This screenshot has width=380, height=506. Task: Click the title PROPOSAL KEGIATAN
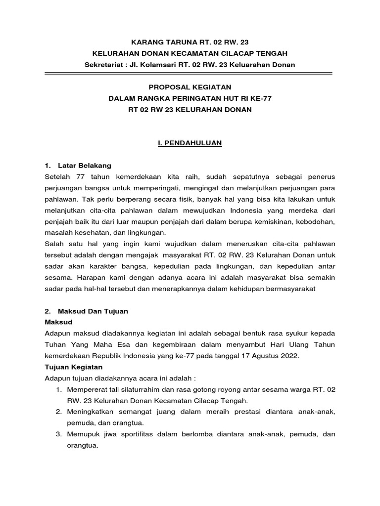pyautogui.click(x=190, y=87)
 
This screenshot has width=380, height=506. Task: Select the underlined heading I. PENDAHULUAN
pyautogui.click(x=190, y=143)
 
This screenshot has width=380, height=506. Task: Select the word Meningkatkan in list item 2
pyautogui.click(x=90, y=412)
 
